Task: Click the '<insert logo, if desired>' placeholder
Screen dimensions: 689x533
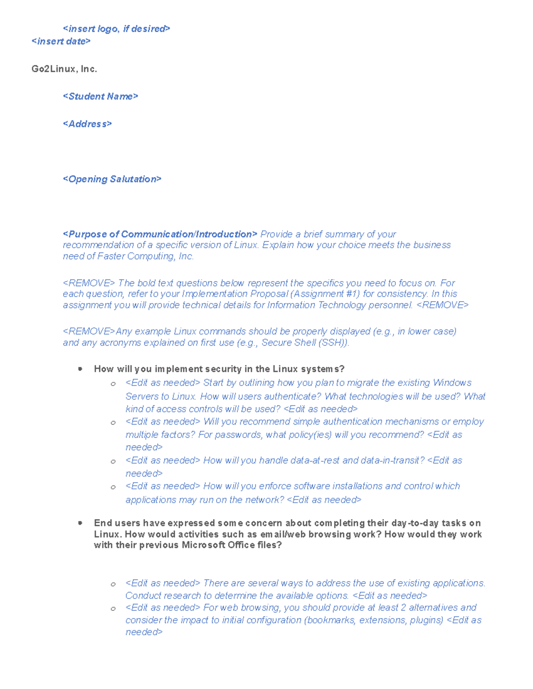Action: click(116, 29)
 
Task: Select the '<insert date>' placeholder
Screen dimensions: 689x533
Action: click(61, 41)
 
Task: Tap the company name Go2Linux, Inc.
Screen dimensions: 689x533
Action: click(64, 69)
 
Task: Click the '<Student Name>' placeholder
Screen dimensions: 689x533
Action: click(100, 96)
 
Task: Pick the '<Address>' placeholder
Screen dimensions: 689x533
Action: click(87, 124)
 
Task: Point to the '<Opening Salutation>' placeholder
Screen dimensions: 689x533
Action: click(112, 179)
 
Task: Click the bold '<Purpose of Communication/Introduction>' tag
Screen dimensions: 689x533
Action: click(160, 234)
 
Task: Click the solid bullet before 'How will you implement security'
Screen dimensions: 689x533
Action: click(80, 369)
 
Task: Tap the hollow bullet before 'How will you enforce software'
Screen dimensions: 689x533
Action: click(113, 487)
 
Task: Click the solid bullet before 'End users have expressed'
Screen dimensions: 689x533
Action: click(80, 523)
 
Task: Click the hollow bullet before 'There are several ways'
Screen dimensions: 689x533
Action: click(113, 584)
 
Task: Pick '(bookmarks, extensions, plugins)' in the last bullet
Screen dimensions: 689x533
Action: click(374, 620)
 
